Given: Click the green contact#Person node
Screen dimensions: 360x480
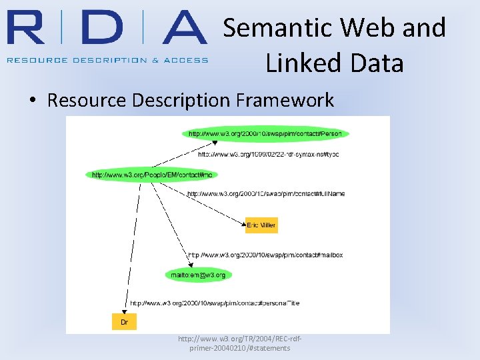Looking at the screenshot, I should (265, 133).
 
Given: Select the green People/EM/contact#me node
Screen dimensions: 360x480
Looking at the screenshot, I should (153, 175).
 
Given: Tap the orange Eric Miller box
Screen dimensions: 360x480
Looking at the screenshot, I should (261, 225).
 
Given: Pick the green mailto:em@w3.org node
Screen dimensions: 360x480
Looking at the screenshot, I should (198, 274).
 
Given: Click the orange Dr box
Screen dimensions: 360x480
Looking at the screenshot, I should (124, 322).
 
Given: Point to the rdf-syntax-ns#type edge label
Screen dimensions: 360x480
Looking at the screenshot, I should (269, 154).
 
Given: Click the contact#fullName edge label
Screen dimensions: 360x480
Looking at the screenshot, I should (266, 194).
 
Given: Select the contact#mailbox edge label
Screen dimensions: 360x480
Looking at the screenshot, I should (265, 255).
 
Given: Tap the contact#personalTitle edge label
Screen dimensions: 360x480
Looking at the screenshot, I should (215, 303).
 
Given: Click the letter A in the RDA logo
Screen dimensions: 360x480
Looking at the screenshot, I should (176, 29).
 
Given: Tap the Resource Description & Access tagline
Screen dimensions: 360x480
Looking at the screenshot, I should (107, 59).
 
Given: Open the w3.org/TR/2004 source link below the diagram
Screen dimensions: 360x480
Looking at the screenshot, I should (239, 343).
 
